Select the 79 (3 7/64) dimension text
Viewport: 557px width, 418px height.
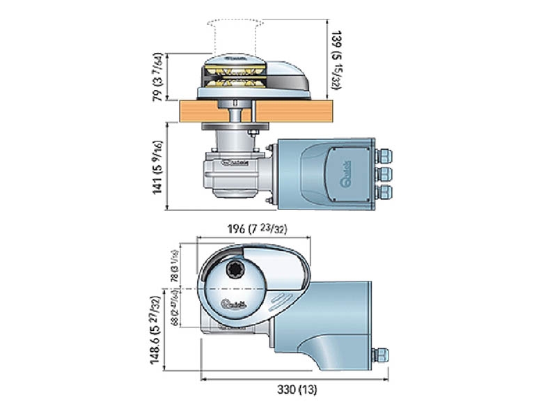(159, 77)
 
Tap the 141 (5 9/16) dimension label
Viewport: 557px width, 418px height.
(159, 167)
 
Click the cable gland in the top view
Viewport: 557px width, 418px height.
(380, 355)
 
